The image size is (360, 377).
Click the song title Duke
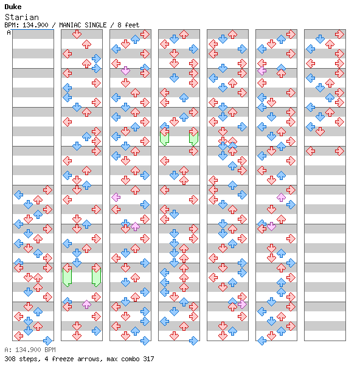coord(13,7)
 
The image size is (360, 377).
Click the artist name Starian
coord(22,17)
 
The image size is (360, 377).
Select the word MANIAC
coord(70,25)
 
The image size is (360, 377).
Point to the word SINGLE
coord(95,25)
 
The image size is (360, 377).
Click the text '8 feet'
coord(128,25)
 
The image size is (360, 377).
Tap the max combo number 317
coord(148,359)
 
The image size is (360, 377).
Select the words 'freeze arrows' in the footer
coord(76,359)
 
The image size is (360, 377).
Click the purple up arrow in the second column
coord(86,305)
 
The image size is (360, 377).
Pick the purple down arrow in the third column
coord(125,71)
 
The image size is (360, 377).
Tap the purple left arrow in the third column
coord(116,198)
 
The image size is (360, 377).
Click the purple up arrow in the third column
coord(135,226)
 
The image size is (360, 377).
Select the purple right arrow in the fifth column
coord(242,305)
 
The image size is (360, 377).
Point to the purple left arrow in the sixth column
coord(261,71)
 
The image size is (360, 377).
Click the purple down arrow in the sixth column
coord(271,226)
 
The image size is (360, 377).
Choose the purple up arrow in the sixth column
coord(281,198)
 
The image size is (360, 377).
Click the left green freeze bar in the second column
coord(67,277)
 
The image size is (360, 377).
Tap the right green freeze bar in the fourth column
coord(193,139)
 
